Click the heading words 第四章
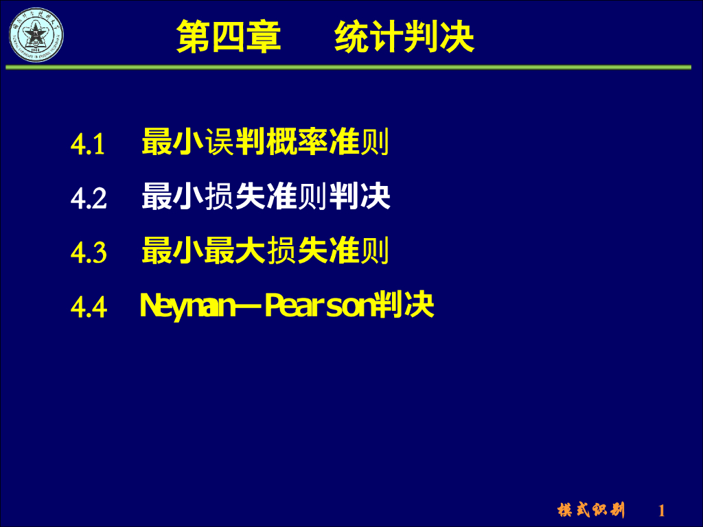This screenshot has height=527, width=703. click(229, 37)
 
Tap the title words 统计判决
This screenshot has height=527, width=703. click(404, 37)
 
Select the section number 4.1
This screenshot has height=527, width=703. click(88, 145)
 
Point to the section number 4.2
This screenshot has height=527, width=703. click(89, 199)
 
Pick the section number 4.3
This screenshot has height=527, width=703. click(89, 253)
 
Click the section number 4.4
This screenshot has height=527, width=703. click(89, 308)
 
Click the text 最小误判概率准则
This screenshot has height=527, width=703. click(265, 142)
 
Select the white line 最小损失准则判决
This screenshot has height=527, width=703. click(266, 197)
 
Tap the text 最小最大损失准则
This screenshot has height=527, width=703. click(265, 251)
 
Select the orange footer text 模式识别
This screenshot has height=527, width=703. click(591, 510)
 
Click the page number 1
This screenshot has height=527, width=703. click(662, 511)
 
